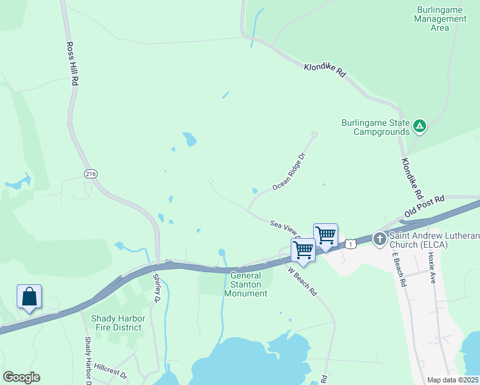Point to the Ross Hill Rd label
[73, 64]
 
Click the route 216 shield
[90, 174]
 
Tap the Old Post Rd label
[424, 207]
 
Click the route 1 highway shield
[350, 243]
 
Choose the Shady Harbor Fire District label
[118, 323]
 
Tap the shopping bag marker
[29, 298]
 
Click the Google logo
[21, 377]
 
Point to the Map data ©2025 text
[452, 380]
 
